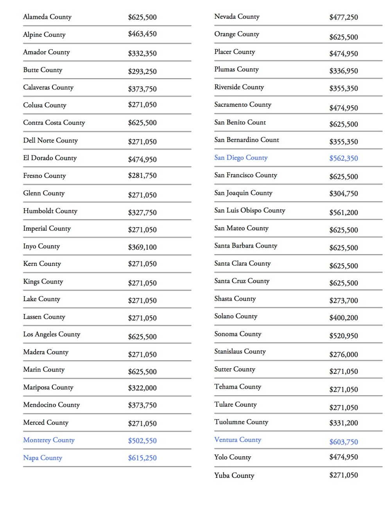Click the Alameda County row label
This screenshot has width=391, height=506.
click(47, 17)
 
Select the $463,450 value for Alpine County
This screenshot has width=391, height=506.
click(142, 34)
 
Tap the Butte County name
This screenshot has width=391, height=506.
click(43, 70)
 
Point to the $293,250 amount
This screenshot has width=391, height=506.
click(142, 72)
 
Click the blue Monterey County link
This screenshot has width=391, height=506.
click(49, 440)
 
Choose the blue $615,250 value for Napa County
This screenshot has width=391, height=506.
click(142, 458)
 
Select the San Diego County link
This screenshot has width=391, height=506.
click(241, 158)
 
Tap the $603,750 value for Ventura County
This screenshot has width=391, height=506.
click(344, 442)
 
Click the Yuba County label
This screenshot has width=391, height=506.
click(234, 475)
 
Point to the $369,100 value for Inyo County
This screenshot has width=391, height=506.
click(142, 247)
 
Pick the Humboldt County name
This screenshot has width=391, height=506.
click(50, 211)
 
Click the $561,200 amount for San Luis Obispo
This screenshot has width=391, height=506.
click(344, 213)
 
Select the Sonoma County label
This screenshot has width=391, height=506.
click(238, 334)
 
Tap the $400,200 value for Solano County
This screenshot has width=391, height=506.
click(344, 318)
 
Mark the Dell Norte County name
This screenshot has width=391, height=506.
click(50, 140)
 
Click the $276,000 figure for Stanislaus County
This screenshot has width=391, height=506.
click(344, 355)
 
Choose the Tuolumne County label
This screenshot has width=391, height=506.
click(241, 422)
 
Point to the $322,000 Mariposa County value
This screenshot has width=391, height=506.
click(142, 388)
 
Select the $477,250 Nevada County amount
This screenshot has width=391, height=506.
click(344, 17)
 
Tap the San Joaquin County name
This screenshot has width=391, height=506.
click(243, 193)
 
